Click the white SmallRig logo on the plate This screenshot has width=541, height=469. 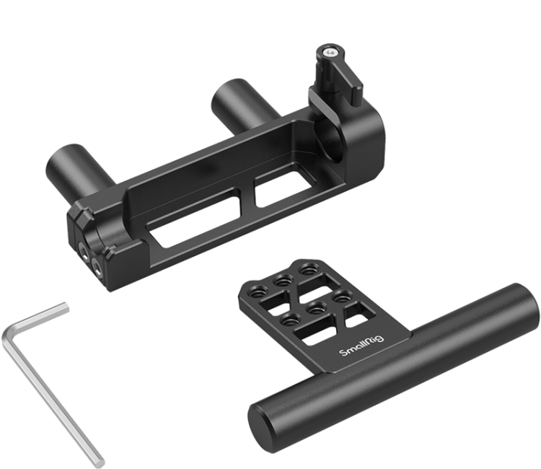point(361,347)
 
